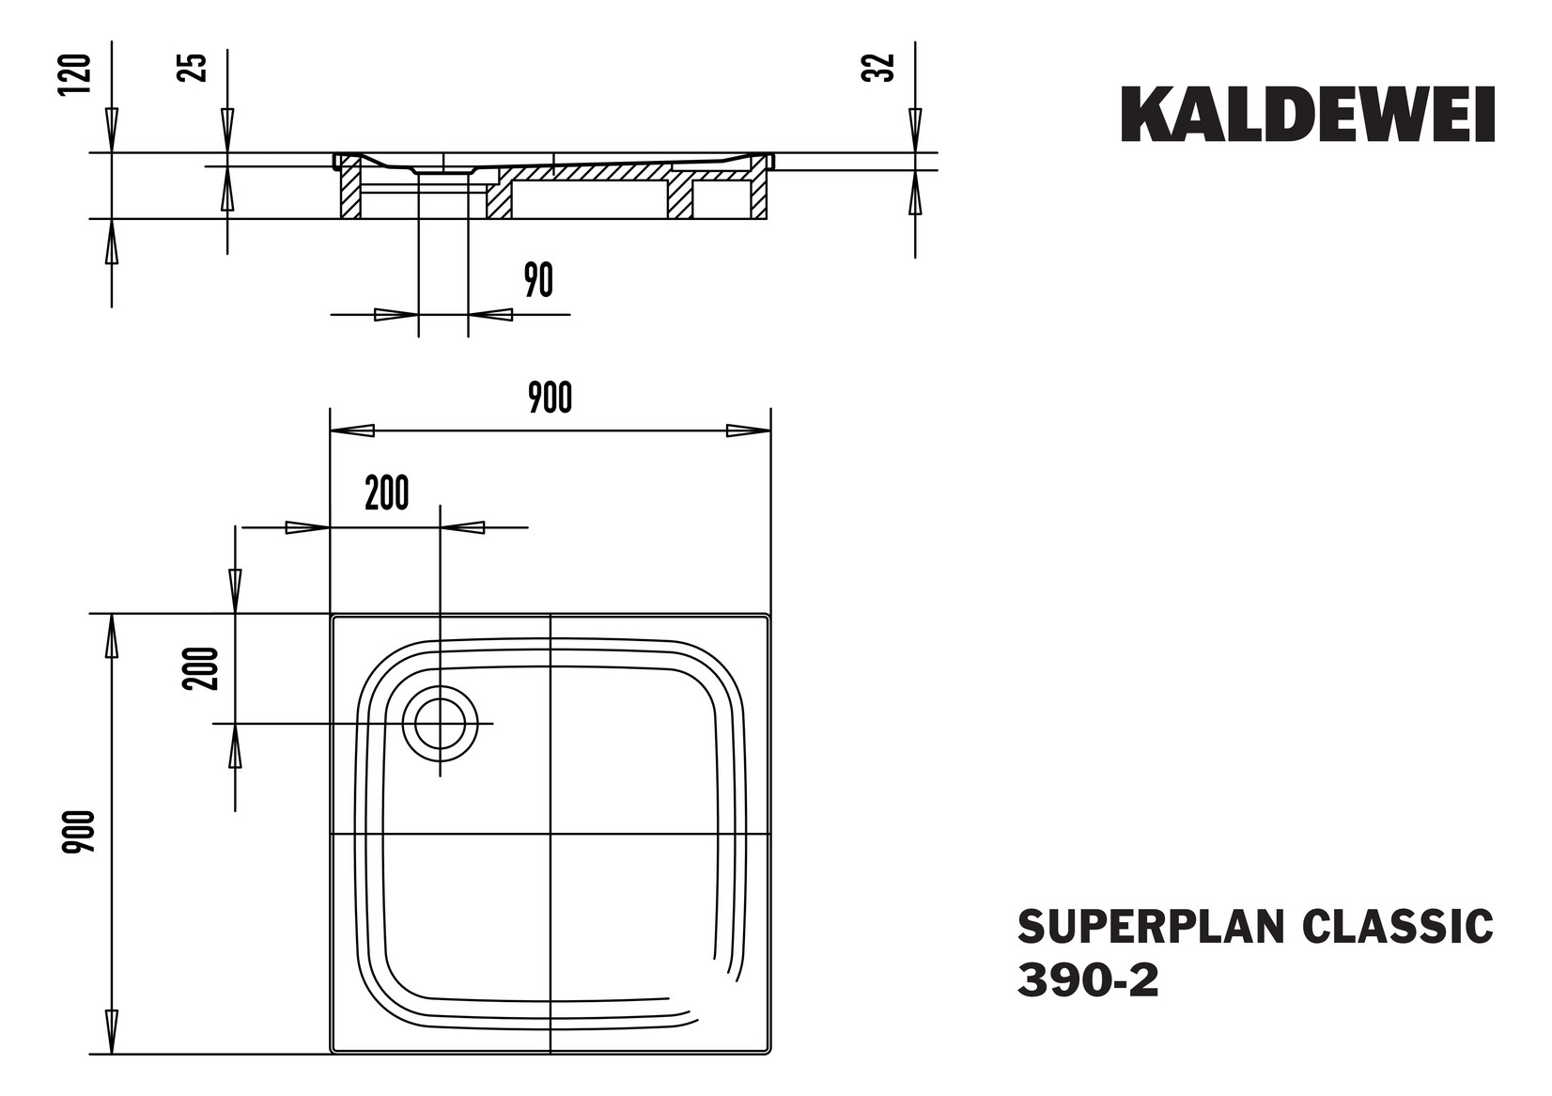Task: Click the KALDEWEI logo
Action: [x=1307, y=115]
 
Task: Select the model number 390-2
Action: [x=1088, y=981]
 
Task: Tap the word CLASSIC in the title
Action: [x=1397, y=926]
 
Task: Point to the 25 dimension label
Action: [x=193, y=68]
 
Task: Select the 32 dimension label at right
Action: [x=877, y=68]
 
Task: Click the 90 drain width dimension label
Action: [x=538, y=280]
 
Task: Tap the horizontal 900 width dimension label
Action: [x=550, y=398]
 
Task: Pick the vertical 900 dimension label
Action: [x=79, y=831]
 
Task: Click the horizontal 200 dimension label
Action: [x=387, y=493]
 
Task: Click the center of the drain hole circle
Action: [x=440, y=724]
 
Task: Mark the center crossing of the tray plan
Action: [x=550, y=834]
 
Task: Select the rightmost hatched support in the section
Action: [x=759, y=195]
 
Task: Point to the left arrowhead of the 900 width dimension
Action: [x=352, y=431]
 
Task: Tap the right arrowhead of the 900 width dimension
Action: [x=748, y=431]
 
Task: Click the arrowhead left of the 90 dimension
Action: [x=396, y=314]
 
